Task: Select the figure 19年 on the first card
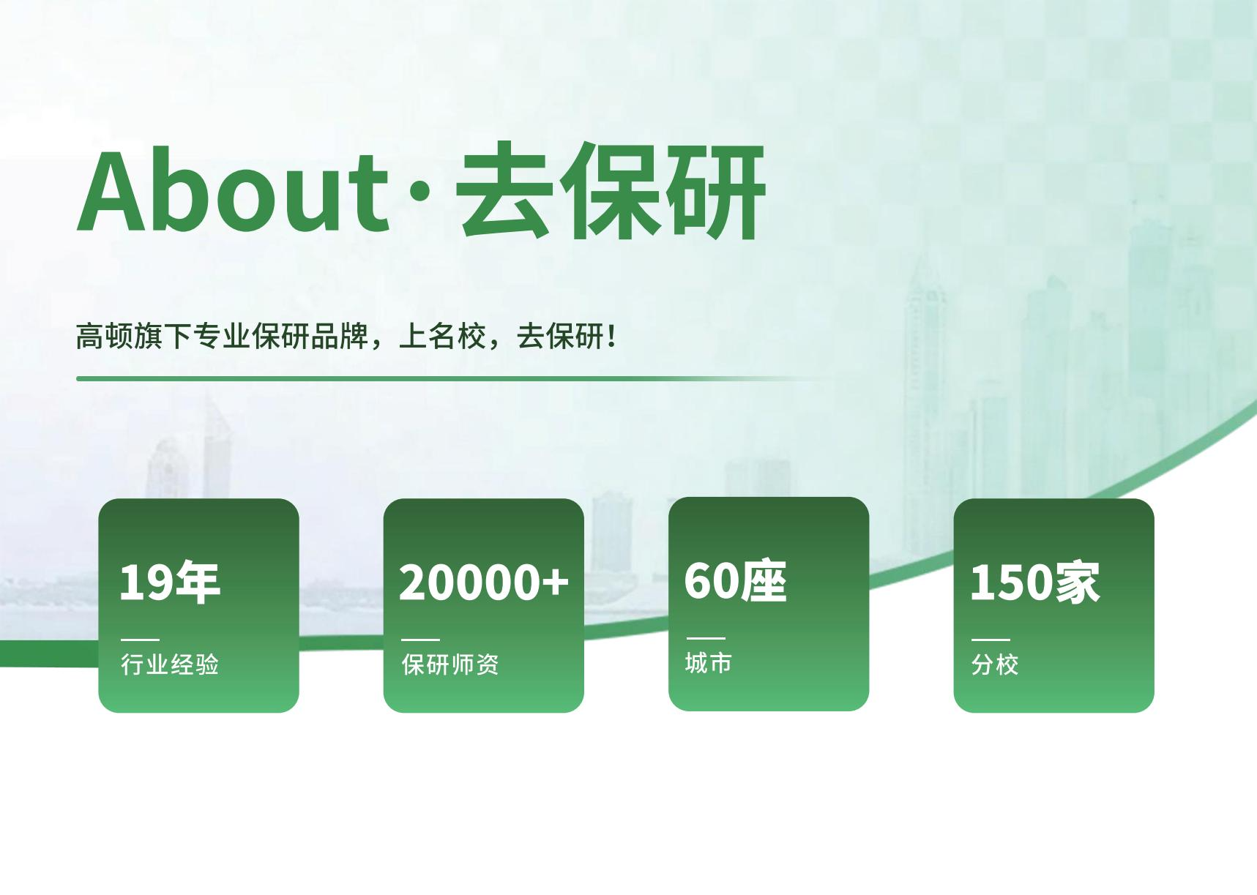click(x=170, y=583)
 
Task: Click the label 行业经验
click(x=170, y=664)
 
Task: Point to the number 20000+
click(x=483, y=583)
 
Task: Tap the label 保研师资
click(x=450, y=664)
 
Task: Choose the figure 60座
click(x=735, y=582)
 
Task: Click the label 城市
click(x=708, y=663)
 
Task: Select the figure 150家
click(x=1034, y=583)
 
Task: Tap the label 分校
click(x=995, y=664)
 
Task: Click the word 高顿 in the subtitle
click(x=105, y=337)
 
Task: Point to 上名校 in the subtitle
click(x=442, y=337)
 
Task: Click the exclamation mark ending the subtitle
click(x=612, y=337)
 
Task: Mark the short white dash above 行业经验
click(x=140, y=640)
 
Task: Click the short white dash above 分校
click(x=991, y=640)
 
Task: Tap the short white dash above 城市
click(x=706, y=638)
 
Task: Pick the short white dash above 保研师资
click(x=421, y=640)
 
